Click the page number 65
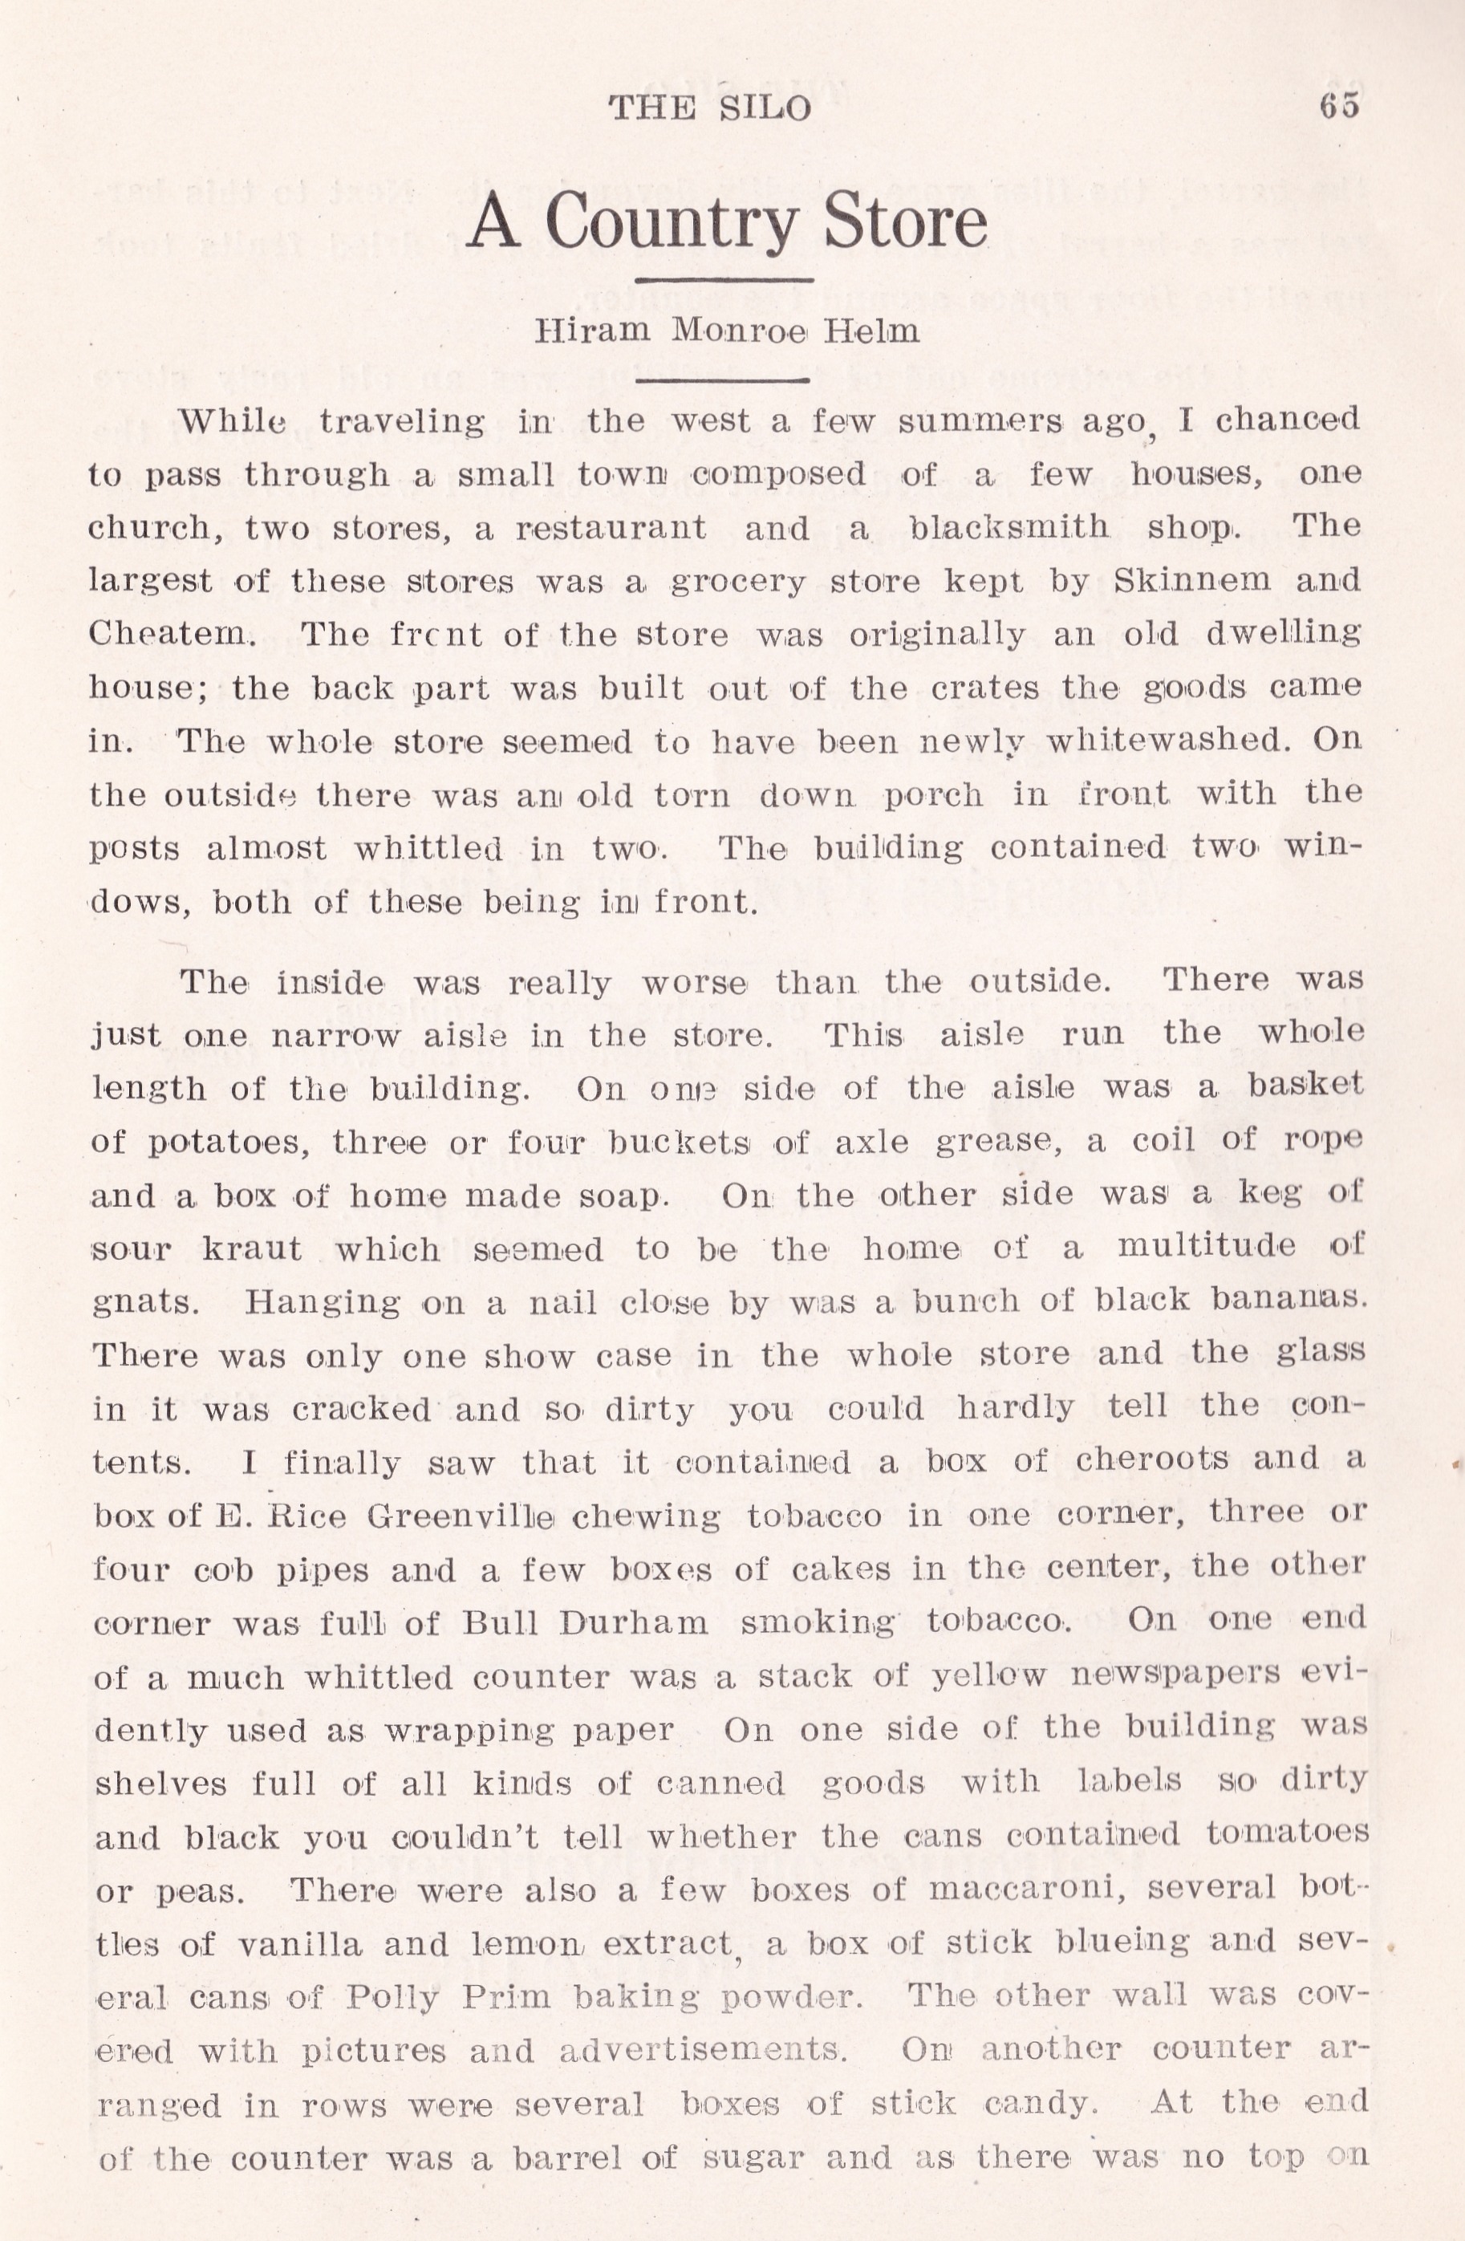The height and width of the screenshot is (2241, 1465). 1339,105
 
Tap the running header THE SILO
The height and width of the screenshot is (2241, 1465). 709,108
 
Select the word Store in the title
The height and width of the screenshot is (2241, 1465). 905,221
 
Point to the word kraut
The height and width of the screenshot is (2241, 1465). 251,1249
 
